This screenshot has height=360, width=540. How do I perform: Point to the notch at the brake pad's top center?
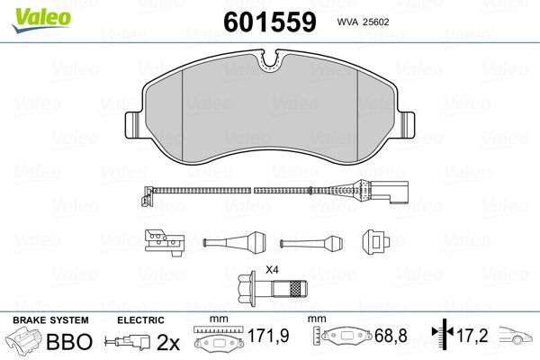(x=270, y=60)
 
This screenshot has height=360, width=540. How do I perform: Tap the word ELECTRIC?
(x=139, y=320)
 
